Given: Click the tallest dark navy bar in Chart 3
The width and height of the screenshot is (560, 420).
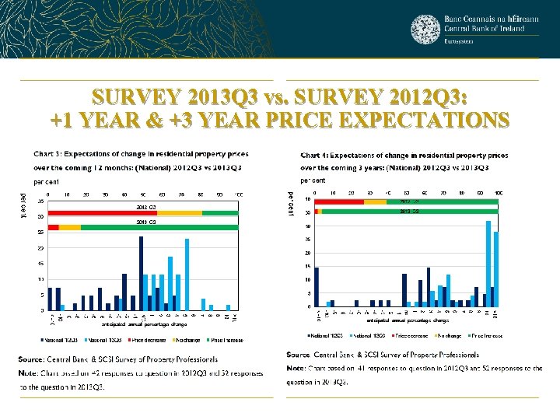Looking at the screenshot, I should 141,272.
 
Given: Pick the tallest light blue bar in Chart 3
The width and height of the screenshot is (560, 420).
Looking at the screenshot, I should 187,274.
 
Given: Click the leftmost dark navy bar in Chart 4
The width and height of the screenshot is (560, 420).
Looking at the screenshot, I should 317,286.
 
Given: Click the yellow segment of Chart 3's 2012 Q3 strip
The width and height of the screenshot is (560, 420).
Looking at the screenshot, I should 180,212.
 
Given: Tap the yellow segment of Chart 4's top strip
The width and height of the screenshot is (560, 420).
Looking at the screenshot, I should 375,201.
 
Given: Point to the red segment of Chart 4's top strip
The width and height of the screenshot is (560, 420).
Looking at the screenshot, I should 339,201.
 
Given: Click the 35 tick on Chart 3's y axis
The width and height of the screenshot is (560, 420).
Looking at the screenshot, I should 40,201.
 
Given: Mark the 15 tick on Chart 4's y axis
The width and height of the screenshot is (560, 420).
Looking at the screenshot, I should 309,267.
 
